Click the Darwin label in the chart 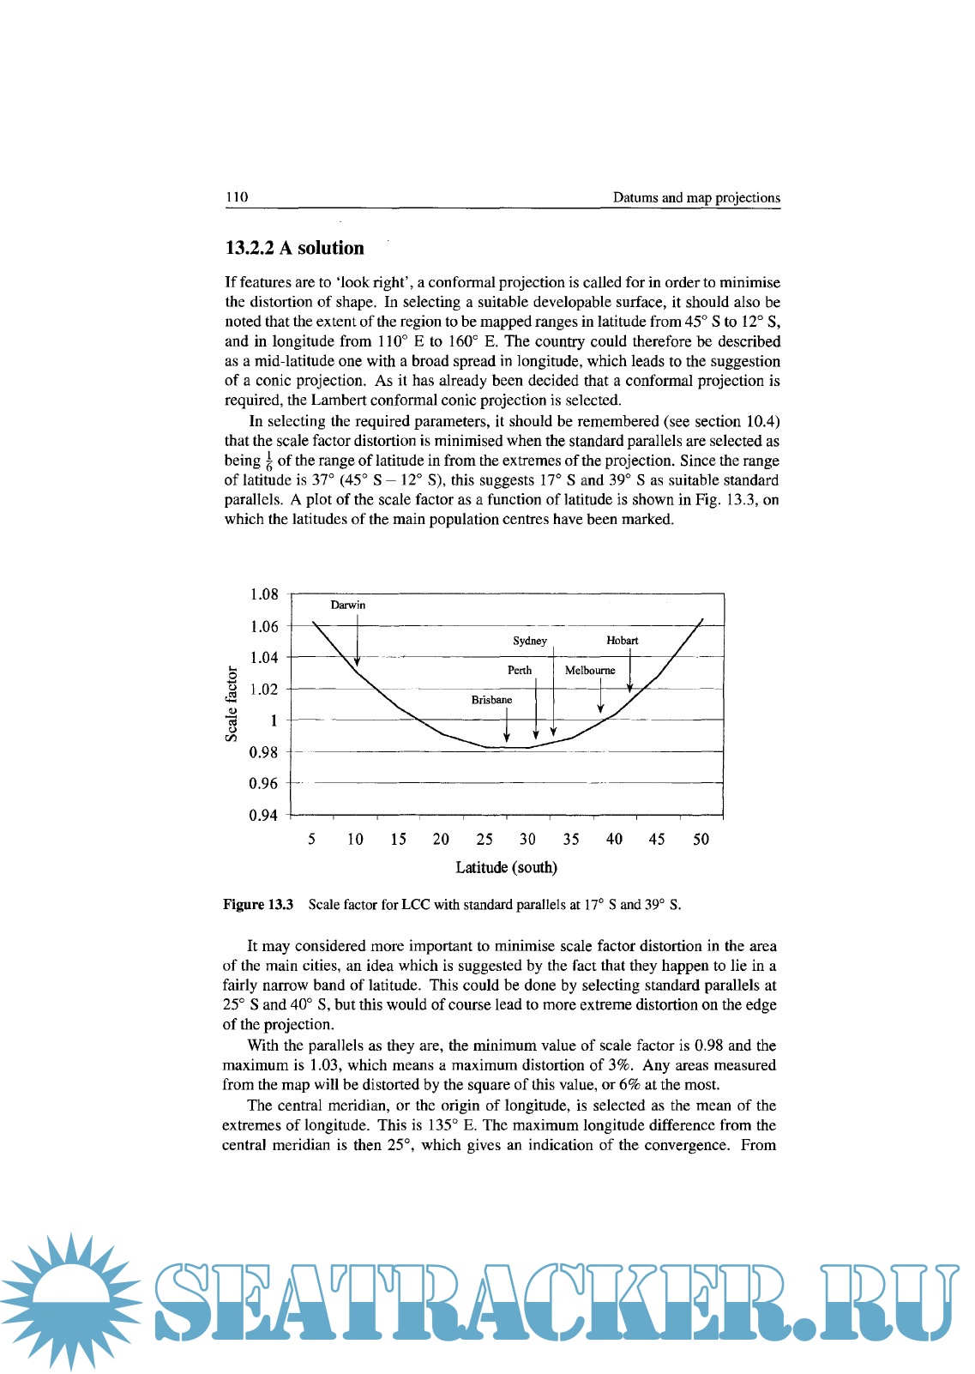(347, 605)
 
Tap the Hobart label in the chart (622, 641)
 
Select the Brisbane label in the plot (491, 700)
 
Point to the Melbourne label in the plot (590, 670)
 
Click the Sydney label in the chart (529, 641)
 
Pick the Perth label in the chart (519, 670)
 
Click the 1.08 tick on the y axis (264, 594)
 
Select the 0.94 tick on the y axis (263, 815)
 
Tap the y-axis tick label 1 (274, 720)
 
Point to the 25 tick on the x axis (484, 839)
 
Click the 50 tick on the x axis (701, 839)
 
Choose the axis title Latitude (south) (506, 867)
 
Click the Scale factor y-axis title (232, 703)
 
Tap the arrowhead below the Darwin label (357, 661)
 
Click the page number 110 (237, 197)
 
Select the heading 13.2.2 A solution (294, 248)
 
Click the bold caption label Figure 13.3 (258, 904)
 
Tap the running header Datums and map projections (696, 197)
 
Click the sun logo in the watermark (71, 1299)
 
